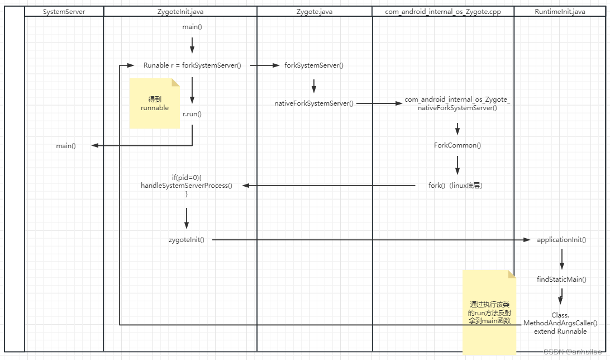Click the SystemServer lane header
point(64,11)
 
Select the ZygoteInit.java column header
point(180,11)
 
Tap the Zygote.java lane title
point(314,11)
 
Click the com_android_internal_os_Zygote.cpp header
point(442,11)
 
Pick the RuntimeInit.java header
point(560,11)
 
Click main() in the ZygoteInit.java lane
point(192,27)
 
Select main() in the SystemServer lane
point(65,146)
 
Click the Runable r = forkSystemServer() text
point(192,65)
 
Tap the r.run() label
point(192,114)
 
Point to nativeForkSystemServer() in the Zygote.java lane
point(313,103)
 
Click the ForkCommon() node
point(457,145)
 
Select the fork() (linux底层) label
point(455,186)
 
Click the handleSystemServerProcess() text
point(186,186)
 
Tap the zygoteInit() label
point(186,240)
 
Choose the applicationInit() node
point(561,240)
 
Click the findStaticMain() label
point(561,279)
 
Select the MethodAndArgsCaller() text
point(560,323)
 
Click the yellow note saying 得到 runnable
point(154,104)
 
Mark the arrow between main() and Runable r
point(192,45)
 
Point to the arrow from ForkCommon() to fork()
point(457,165)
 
